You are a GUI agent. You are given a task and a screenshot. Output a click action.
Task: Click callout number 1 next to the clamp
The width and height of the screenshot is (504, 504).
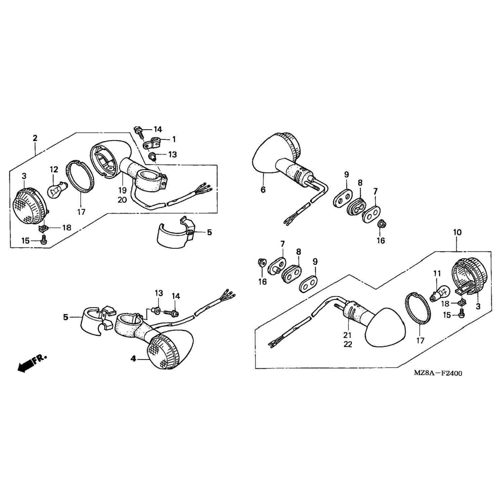174,139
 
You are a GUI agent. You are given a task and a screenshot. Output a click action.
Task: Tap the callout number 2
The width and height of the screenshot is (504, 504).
35,138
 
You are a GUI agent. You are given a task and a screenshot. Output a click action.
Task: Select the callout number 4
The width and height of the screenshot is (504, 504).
134,359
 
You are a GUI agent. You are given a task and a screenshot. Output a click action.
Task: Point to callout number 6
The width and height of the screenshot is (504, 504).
263,190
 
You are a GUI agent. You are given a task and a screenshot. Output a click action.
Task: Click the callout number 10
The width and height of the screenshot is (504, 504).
457,232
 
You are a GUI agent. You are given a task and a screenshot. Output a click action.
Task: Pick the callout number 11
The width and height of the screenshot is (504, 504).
436,274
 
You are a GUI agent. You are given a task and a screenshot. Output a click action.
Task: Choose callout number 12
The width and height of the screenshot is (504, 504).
54,170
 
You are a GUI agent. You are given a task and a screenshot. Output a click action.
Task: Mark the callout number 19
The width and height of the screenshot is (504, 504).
122,190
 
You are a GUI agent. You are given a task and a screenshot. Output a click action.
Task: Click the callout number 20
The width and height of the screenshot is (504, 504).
122,200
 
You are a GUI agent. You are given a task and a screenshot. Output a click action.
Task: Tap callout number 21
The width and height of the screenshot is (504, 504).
347,335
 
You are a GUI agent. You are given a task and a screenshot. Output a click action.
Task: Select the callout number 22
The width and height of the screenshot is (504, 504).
347,344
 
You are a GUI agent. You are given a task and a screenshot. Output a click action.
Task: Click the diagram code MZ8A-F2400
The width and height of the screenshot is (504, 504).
438,373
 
